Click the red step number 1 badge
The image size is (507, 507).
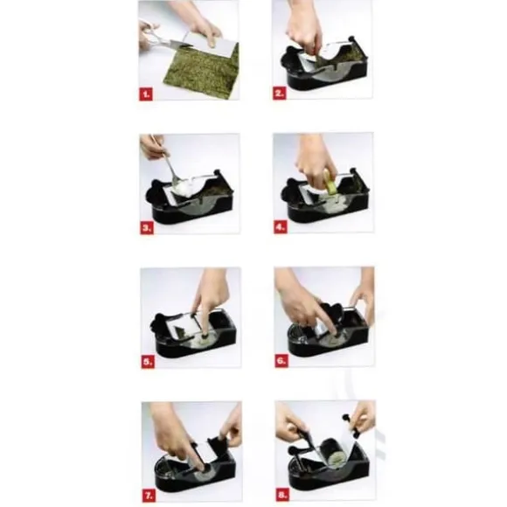pyautogui.click(x=146, y=94)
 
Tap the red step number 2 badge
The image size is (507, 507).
pyautogui.click(x=279, y=94)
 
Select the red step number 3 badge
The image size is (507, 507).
pyautogui.click(x=147, y=228)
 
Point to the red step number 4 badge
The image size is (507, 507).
pyautogui.click(x=280, y=227)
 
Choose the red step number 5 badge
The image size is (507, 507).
pyautogui.click(x=148, y=362)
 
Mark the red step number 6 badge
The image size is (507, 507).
pyautogui.click(x=281, y=361)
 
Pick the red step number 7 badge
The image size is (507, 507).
pyautogui.click(x=149, y=495)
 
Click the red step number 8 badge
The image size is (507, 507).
pyautogui.click(x=282, y=495)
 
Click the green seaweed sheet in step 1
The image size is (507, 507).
pyautogui.click(x=202, y=71)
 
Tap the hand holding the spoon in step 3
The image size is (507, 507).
pyautogui.click(x=153, y=147)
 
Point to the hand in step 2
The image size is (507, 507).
pyautogui.click(x=304, y=32)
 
